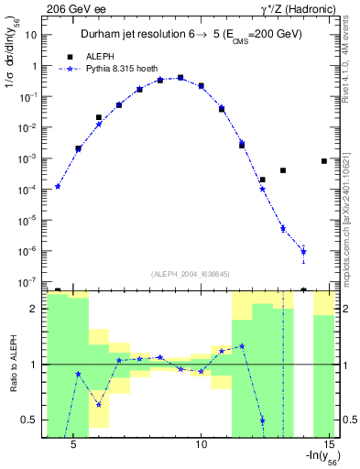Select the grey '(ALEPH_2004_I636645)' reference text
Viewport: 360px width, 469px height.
[x=191, y=274]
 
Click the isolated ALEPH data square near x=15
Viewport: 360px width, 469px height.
[x=324, y=161]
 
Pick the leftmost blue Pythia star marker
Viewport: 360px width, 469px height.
[x=58, y=187]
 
